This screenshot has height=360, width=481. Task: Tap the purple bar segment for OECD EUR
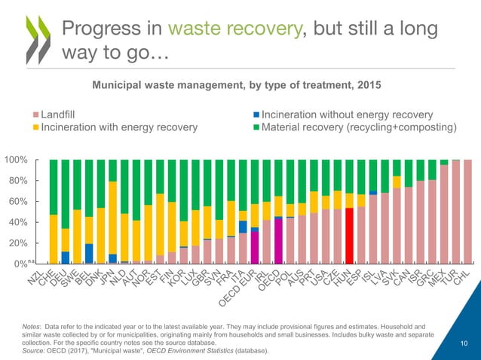255,247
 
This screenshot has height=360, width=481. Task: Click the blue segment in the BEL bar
89,254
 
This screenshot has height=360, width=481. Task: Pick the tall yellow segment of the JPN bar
112,218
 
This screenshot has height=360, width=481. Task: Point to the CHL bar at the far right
466,212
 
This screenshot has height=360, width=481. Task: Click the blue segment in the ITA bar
243,227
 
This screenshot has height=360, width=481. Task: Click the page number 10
464,343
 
